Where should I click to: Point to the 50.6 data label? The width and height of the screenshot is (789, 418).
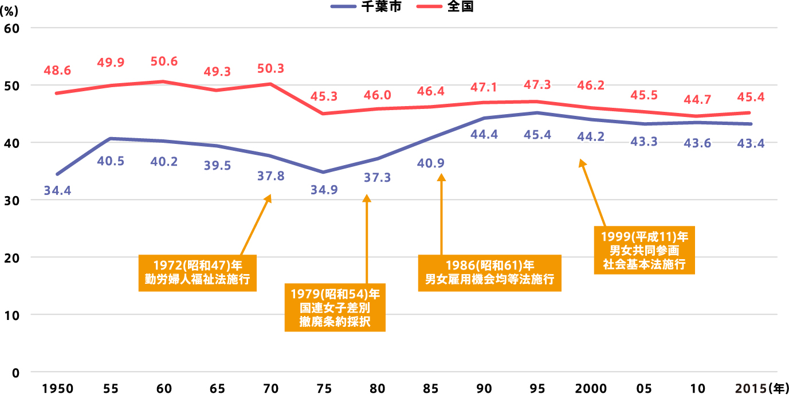pos(164,61)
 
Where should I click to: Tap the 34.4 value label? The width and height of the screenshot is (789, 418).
pos(57,190)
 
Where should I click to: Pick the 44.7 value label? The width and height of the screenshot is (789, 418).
pos(697,100)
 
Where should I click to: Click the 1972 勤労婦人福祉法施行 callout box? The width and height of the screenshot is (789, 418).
pos(198,272)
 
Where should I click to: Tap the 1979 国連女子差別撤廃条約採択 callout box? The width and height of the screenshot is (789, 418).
pos(335,307)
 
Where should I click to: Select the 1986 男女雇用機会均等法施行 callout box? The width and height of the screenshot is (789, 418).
pos(489,272)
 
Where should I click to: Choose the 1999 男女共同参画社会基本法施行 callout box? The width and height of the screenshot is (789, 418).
pos(644,250)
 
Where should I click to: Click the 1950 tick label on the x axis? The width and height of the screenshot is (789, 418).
pos(57,389)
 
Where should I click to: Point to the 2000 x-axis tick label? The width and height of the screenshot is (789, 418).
pos(591,389)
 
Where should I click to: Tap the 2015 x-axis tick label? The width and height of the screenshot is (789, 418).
pos(751,389)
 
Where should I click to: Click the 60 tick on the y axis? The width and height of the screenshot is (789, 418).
pos(11,28)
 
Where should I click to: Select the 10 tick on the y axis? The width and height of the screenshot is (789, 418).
pos(11,315)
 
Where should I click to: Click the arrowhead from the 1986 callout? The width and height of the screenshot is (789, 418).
pos(441,178)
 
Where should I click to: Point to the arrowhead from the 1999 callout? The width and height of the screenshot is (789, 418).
pos(582,163)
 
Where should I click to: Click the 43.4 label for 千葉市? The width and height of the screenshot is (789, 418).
pos(750,143)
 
